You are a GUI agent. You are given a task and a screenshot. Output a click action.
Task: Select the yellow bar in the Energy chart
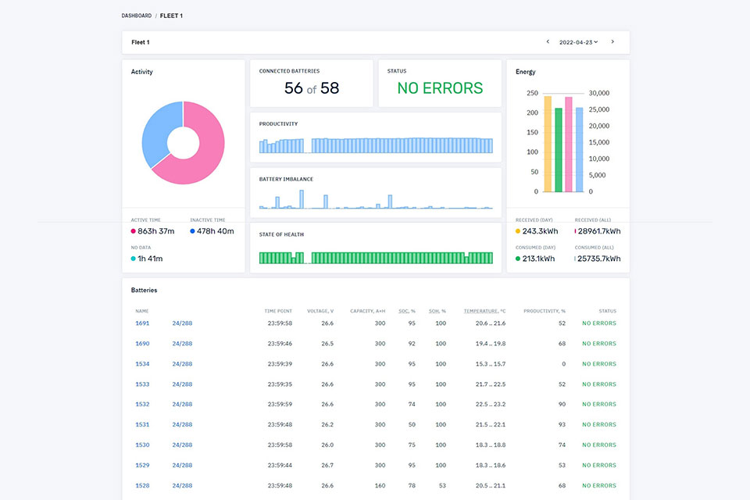tap(548, 144)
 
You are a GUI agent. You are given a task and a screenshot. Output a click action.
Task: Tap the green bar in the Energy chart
tap(558, 150)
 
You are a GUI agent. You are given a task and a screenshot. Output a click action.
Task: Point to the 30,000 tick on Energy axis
tap(599, 93)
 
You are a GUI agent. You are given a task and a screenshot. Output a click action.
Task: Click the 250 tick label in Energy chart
tap(532, 93)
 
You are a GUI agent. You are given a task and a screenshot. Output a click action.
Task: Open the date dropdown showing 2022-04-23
tap(579, 42)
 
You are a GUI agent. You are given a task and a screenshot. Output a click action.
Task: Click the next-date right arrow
tap(612, 41)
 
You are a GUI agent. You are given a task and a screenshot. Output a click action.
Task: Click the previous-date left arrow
tap(548, 41)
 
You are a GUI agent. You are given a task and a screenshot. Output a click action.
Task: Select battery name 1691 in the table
tap(142, 323)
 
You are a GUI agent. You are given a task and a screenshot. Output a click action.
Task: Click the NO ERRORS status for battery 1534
tap(599, 364)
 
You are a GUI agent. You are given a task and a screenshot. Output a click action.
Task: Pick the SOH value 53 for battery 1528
tap(442, 486)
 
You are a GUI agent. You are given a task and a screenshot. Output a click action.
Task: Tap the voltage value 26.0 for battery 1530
tap(327, 445)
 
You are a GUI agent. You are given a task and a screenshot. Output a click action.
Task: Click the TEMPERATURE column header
tap(484, 311)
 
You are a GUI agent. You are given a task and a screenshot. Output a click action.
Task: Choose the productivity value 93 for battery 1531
tap(562, 424)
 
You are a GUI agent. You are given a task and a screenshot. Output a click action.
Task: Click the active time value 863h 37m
tap(156, 231)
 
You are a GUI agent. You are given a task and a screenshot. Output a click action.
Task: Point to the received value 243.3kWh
tap(540, 231)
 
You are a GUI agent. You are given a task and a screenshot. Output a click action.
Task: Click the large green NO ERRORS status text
tap(440, 88)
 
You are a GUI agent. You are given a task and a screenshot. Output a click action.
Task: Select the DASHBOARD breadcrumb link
tap(136, 16)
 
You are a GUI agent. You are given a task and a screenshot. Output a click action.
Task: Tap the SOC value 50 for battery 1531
tap(412, 424)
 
